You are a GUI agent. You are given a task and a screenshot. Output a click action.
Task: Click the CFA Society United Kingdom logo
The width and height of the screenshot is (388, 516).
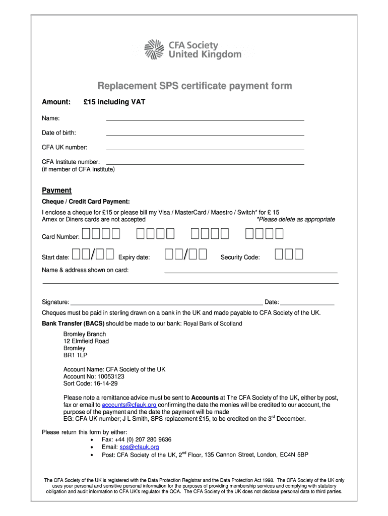193,49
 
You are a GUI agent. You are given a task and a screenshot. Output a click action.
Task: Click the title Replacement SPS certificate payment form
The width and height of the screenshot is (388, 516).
195,86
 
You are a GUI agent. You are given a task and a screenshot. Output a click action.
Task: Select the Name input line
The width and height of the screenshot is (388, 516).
205,118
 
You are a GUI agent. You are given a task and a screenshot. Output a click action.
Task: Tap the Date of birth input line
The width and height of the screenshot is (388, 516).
205,133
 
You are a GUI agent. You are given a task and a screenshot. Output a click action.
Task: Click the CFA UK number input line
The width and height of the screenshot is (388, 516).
205,148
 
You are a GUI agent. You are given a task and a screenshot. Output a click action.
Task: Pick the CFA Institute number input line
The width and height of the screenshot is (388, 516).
205,162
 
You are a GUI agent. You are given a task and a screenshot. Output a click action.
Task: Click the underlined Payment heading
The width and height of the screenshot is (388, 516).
56,190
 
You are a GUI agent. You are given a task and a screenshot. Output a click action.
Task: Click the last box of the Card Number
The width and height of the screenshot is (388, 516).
279,234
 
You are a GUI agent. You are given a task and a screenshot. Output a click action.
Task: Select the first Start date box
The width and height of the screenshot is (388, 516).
77,254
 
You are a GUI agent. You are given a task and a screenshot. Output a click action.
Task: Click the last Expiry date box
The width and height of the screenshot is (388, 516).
203,254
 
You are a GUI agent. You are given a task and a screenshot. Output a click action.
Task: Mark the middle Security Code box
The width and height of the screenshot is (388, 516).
289,254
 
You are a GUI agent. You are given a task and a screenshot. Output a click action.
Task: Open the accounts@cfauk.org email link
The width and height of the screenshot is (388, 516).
129,405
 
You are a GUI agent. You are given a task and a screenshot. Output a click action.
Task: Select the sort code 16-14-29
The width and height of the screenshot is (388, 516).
104,383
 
